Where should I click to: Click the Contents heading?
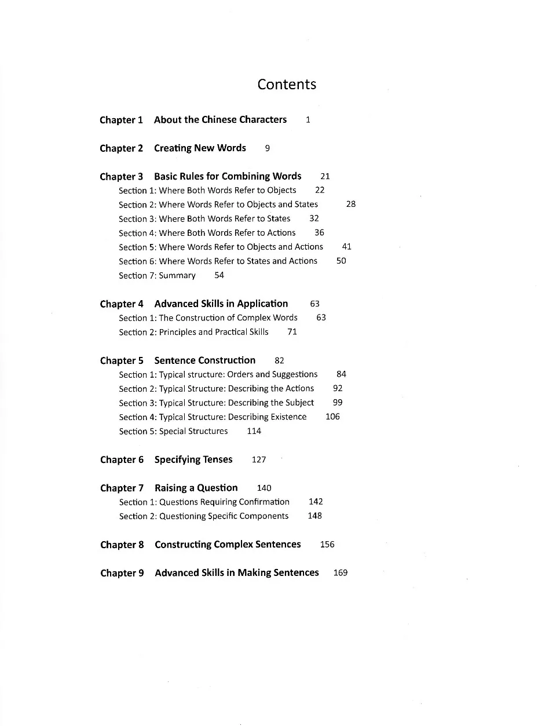[287, 85]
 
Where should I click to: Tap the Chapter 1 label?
[121, 120]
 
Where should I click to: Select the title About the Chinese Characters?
[220, 120]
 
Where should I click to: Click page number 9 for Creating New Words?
[267, 148]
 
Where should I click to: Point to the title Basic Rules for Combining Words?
[228, 176]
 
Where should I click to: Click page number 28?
[351, 204]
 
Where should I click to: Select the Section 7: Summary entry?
[157, 275]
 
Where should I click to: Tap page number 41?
[347, 247]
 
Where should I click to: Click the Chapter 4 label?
[122, 304]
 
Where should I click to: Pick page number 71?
[292, 332]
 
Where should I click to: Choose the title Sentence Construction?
[204, 360]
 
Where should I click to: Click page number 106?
[332, 417]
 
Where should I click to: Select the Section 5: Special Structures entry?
[173, 431]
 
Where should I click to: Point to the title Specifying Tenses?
[193, 459]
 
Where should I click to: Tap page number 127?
[259, 459]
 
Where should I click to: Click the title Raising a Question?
[196, 488]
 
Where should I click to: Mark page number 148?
[314, 516]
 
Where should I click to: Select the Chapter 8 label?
[122, 545]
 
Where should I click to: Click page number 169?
[341, 573]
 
